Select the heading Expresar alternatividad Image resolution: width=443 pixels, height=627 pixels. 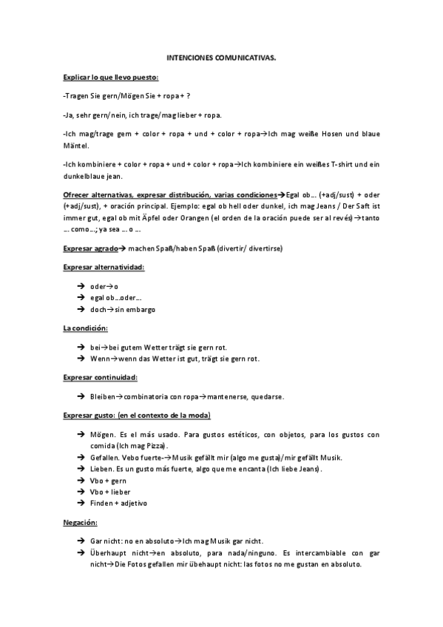pos(104,266)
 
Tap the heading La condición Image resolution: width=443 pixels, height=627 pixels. pos(86,327)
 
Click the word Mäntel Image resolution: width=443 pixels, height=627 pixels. pos(75,146)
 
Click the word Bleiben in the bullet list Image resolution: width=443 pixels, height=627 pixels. pos(102,397)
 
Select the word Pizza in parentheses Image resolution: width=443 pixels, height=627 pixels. pos(155,446)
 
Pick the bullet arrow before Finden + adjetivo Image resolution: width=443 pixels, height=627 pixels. pos(79,504)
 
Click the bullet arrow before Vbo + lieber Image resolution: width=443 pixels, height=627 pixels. pos(79,492)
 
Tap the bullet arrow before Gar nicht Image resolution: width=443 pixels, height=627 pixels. pos(79,541)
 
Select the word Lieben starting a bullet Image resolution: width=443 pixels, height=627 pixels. pos(102,470)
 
